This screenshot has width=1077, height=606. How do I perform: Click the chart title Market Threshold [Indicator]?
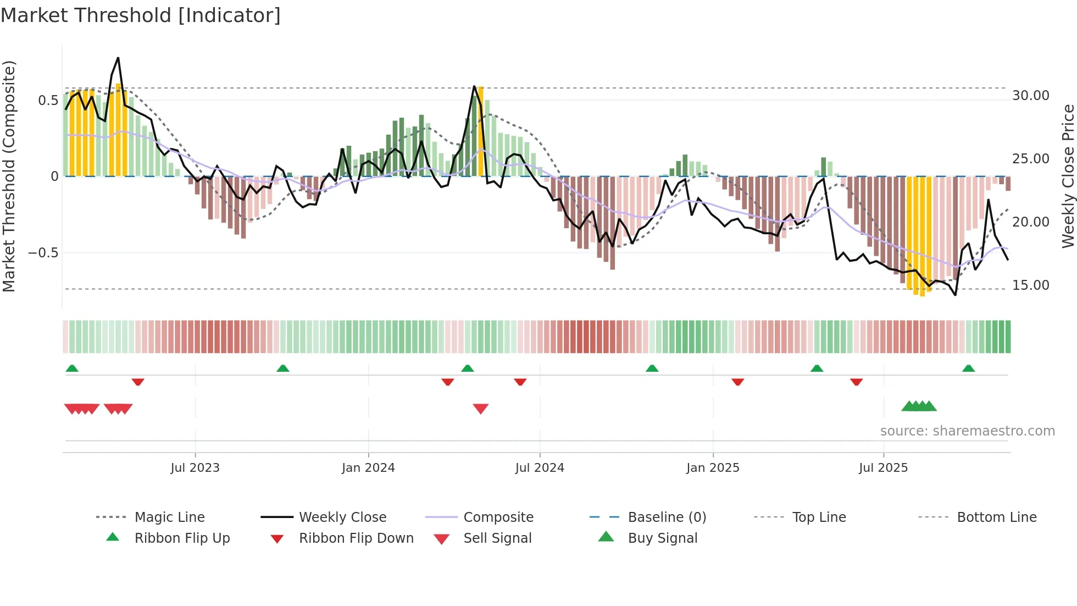[x=141, y=15]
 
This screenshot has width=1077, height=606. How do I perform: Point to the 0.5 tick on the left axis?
[x=48, y=100]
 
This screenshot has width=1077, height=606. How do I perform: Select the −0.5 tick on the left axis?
[x=43, y=253]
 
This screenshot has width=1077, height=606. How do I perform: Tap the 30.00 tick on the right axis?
[x=1030, y=96]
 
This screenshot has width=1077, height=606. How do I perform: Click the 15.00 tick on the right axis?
[x=1030, y=285]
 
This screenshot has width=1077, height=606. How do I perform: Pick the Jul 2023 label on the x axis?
[x=195, y=468]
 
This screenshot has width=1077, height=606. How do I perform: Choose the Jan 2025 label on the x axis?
[x=713, y=468]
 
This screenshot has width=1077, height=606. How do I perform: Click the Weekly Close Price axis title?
[x=1068, y=176]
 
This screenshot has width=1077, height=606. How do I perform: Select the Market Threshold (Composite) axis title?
[x=9, y=176]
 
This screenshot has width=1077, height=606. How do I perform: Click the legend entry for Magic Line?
[x=169, y=517]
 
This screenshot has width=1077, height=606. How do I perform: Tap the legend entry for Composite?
[x=498, y=517]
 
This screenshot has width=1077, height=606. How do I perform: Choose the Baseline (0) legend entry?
[x=667, y=517]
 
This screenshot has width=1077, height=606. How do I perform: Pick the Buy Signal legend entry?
[x=662, y=538]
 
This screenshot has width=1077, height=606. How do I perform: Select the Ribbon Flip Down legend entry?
[x=356, y=538]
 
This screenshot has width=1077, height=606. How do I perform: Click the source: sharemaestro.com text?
[x=967, y=431]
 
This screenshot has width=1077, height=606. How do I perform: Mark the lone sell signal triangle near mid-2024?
[x=481, y=409]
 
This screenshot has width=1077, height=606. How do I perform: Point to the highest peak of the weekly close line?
[x=118, y=58]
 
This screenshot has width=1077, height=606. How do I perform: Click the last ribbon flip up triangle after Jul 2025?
[x=968, y=368]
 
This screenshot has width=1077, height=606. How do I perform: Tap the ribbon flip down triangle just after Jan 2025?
[x=737, y=382]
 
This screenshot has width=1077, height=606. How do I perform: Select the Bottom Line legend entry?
[x=996, y=517]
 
